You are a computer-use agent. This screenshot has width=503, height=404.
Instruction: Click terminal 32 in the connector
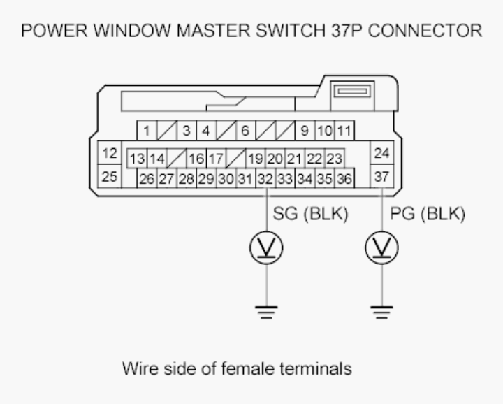tap(265, 178)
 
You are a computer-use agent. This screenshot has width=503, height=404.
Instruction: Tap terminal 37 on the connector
tap(381, 176)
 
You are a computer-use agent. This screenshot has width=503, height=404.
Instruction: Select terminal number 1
tap(147, 131)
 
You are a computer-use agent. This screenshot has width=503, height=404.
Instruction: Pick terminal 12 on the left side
tap(110, 153)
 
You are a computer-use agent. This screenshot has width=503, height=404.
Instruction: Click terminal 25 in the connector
tap(110, 177)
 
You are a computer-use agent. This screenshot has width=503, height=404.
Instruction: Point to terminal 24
tap(381, 153)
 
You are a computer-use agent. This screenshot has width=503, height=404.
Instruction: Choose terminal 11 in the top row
tap(344, 131)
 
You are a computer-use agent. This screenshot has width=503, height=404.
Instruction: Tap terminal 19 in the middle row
tap(256, 159)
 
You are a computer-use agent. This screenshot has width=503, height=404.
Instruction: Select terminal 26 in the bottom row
tap(147, 178)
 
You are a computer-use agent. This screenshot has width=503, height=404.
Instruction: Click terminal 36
tap(344, 178)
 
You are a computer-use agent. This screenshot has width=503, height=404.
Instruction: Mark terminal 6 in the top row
tap(245, 131)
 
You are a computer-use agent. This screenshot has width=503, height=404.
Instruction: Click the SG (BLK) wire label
tap(310, 214)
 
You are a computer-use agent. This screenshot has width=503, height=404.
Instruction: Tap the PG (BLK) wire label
tap(428, 214)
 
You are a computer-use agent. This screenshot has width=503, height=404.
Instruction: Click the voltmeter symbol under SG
tap(266, 247)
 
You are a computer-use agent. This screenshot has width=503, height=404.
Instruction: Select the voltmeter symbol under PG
tap(381, 247)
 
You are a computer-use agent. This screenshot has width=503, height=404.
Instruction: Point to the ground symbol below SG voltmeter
tap(266, 312)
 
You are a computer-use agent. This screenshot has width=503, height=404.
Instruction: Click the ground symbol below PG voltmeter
tap(381, 312)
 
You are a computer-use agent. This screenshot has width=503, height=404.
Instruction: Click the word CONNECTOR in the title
tap(425, 31)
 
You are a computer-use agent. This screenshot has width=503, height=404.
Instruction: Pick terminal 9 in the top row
tap(305, 131)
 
